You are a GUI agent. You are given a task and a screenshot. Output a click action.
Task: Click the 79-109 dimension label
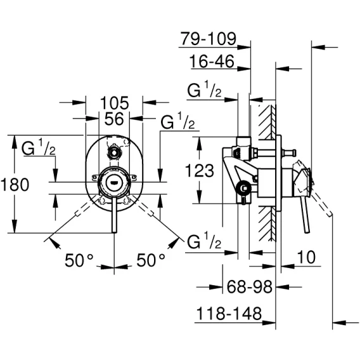pos(209,39)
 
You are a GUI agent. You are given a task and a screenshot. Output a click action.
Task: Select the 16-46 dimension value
pos(212,61)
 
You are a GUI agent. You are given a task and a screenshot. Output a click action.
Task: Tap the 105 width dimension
pos(114,103)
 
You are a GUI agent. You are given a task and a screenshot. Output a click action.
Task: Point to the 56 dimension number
pos(114,119)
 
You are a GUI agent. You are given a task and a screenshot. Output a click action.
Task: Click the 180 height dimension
pos(15,184)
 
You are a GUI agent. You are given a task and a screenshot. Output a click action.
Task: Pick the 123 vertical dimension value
pos(199,170)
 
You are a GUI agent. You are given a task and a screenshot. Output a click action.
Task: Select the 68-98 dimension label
pos(249,286)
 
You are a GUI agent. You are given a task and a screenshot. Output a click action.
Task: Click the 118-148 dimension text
pos(229,313)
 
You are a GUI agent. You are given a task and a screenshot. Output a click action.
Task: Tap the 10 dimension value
pos(307,257)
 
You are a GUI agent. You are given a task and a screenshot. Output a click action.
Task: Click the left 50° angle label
pos(79,260)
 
